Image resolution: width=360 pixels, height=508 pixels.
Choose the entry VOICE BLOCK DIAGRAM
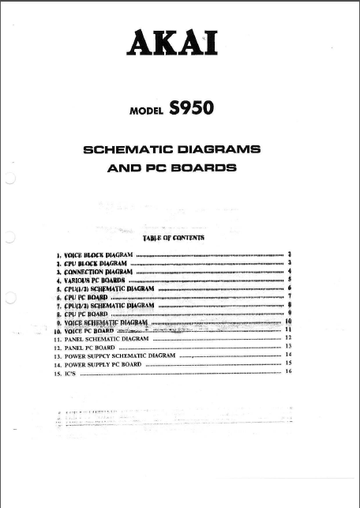click(x=99, y=256)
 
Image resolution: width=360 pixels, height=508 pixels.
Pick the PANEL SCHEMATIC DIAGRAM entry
click(x=106, y=338)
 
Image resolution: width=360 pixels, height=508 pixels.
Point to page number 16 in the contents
click(x=289, y=371)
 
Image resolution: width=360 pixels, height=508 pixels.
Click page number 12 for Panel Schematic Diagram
click(x=289, y=337)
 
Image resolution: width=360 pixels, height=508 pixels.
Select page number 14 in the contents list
click(x=289, y=355)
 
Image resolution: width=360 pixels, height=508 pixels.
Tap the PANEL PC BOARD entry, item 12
click(x=88, y=347)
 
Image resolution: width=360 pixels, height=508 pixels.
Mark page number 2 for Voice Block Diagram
click(x=291, y=254)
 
